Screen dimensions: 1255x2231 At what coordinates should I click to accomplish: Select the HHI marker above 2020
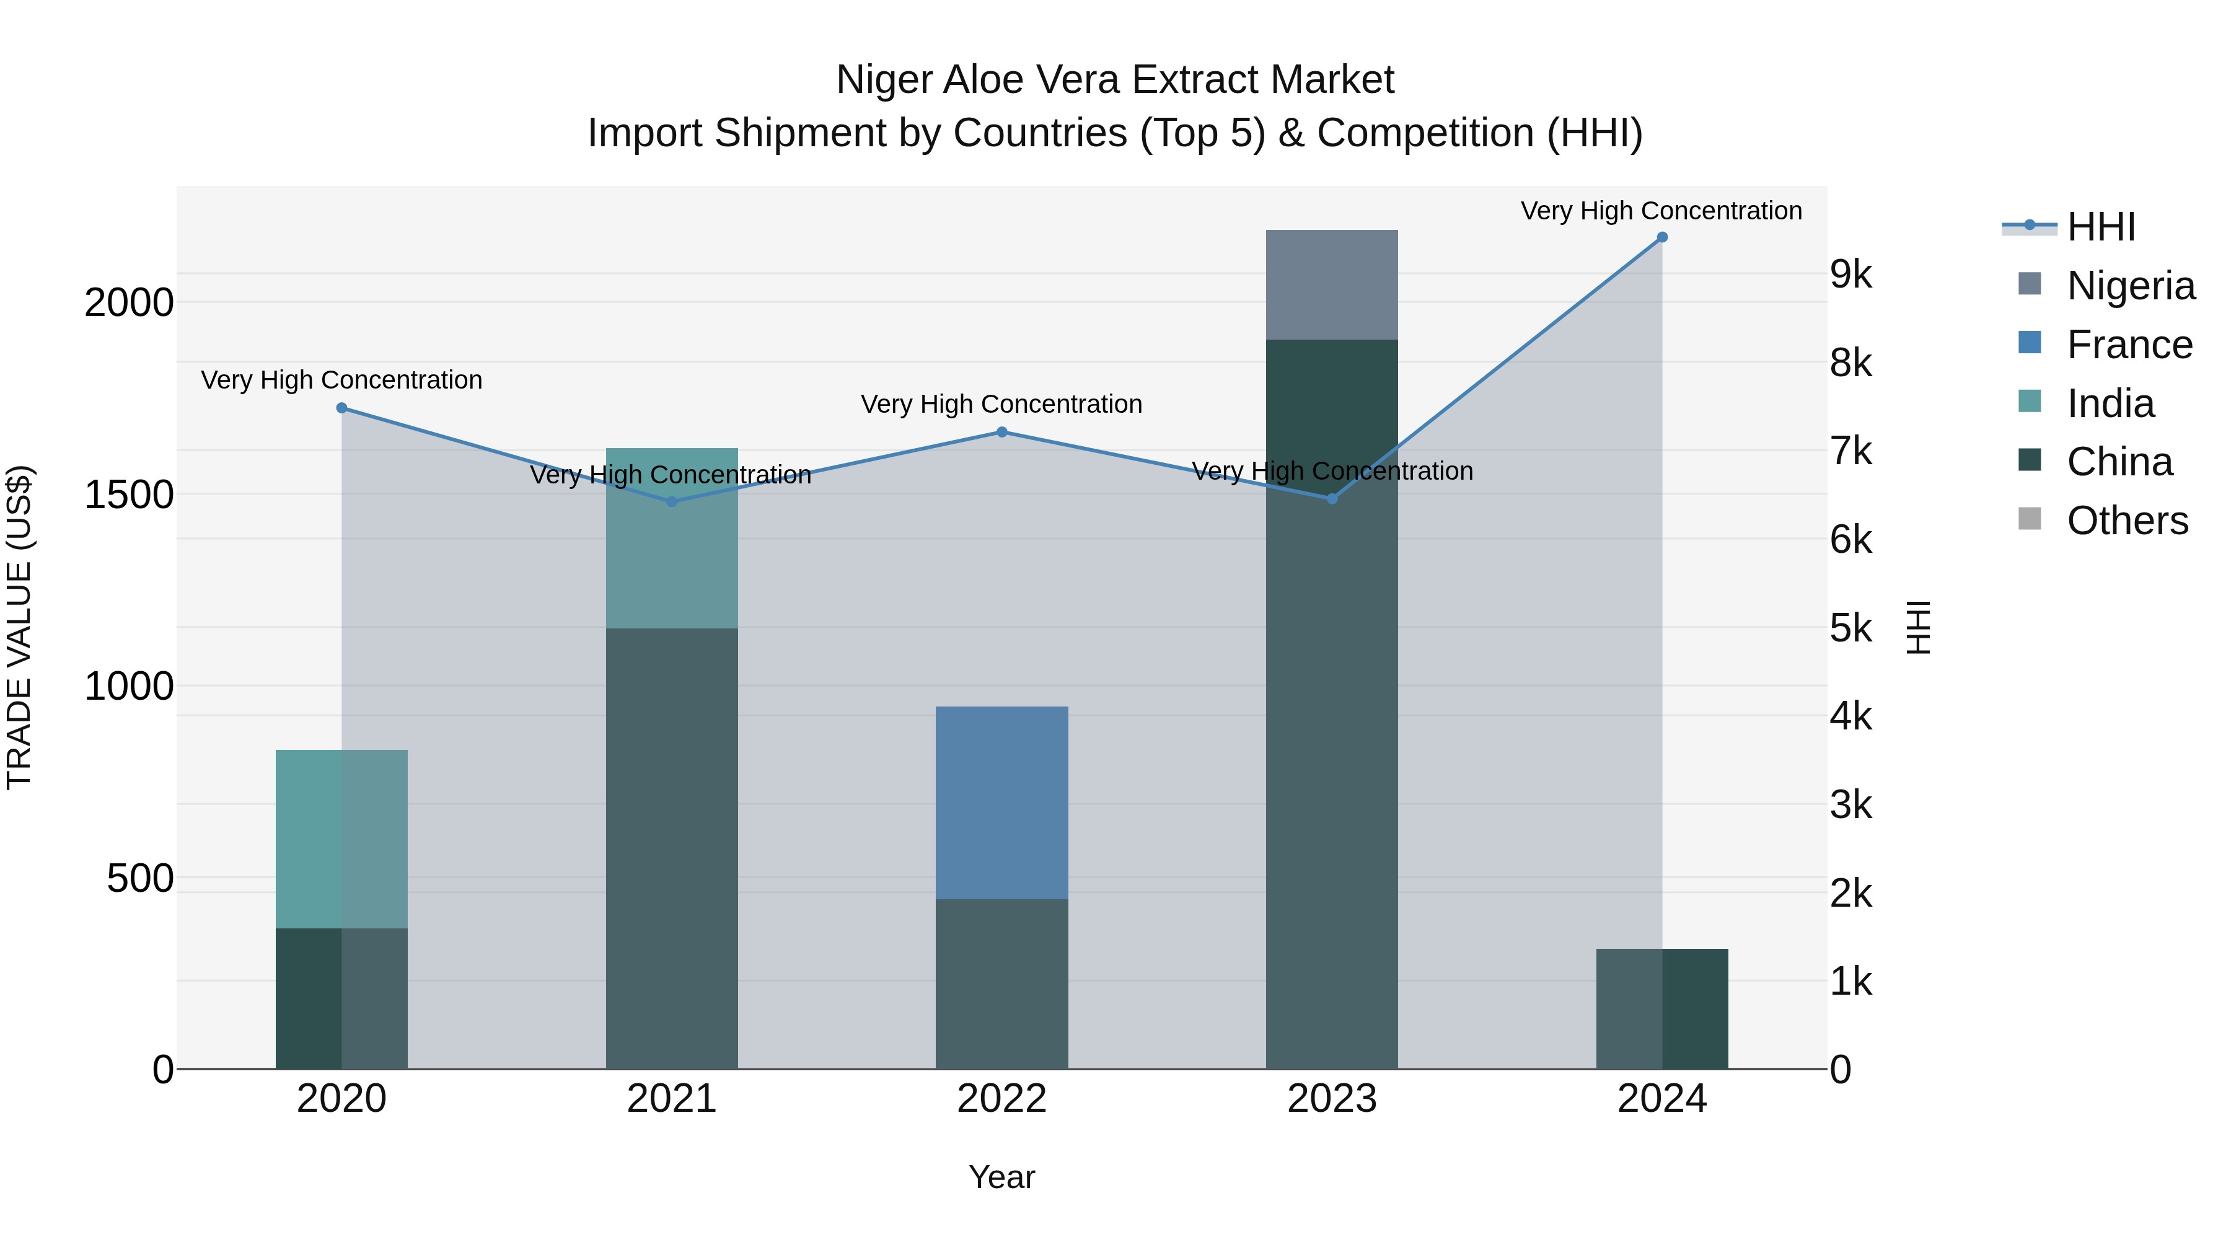341,408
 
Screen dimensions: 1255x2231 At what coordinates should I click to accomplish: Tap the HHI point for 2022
1001,432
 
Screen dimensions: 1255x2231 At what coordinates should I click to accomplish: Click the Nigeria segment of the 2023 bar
1331,285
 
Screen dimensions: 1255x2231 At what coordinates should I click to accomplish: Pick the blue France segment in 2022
1001,802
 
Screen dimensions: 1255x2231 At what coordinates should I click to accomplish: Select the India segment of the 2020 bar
341,839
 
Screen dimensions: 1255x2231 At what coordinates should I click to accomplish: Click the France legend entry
2128,345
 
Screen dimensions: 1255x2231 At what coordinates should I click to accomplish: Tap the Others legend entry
2126,521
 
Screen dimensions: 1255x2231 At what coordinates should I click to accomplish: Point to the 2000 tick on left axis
129,303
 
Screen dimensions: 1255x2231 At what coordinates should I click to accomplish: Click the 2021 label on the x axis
671,1099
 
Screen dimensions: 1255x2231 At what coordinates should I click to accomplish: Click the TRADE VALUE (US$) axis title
19,627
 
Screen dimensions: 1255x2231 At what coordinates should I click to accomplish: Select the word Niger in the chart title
882,81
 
